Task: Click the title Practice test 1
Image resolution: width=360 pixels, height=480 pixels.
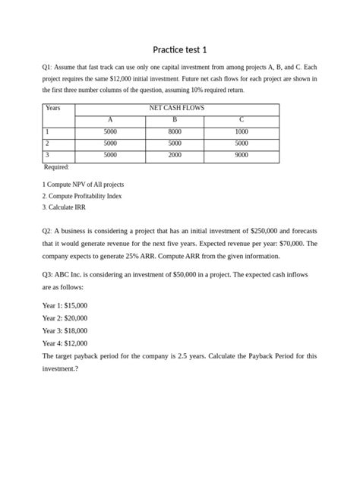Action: coord(179,50)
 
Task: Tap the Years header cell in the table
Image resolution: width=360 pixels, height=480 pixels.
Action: coord(52,108)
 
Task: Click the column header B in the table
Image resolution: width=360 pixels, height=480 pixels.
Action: coord(175,119)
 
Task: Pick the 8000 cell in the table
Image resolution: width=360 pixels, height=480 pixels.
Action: coord(175,131)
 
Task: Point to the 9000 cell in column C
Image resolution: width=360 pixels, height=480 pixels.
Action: coord(241,155)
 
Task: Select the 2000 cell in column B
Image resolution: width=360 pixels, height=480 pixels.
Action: coord(175,155)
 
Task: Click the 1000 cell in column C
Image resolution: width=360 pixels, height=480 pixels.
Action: coord(241,131)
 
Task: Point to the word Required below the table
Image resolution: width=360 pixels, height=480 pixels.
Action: coord(56,167)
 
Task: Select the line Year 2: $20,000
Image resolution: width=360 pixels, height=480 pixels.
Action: coord(65,317)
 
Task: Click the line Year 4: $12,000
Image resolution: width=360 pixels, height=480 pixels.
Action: coord(65,343)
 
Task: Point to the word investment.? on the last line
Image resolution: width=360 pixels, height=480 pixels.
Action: coord(60,369)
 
